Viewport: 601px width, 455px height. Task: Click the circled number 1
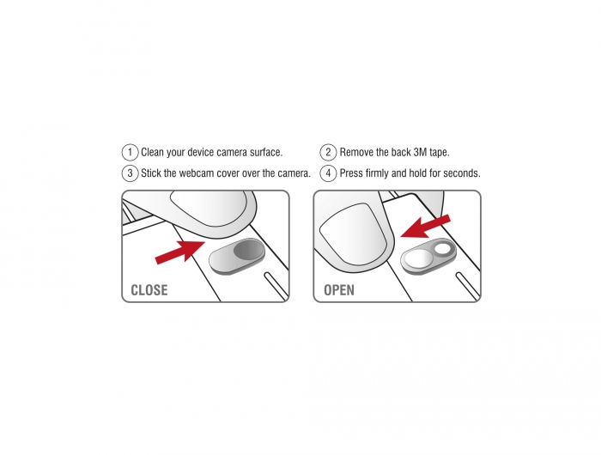(130, 152)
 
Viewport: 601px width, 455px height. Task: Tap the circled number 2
(328, 152)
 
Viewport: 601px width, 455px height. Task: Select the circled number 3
(130, 173)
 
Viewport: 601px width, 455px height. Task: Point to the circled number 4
(328, 173)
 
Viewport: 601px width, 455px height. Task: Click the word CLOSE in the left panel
(149, 290)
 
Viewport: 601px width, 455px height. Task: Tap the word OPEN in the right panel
(339, 290)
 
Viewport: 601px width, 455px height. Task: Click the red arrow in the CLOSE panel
(179, 252)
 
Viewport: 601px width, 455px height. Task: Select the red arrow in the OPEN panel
(426, 227)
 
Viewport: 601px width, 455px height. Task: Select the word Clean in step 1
(152, 152)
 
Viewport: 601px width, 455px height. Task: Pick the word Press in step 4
(351, 173)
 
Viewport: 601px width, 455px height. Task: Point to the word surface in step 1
(266, 152)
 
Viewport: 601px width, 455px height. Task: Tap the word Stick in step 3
(151, 173)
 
